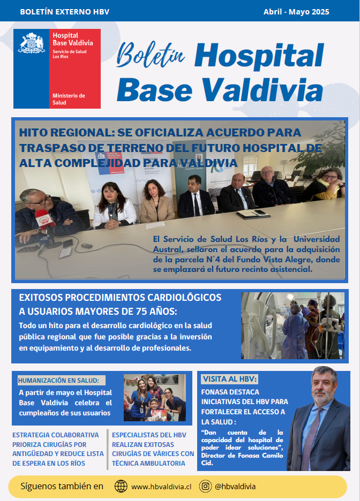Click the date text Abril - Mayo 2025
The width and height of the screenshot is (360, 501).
click(296, 12)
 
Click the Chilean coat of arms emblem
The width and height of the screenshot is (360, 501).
click(32, 43)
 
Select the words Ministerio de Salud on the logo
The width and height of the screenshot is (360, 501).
click(68, 99)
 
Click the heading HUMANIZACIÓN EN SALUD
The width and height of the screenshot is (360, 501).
click(58, 381)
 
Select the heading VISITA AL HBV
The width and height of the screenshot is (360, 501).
click(230, 379)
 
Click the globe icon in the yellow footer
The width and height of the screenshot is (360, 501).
click(121, 487)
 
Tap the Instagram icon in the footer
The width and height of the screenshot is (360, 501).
click(205, 487)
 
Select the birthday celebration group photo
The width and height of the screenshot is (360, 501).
click(155, 398)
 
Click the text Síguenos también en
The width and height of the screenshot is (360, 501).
click(62, 487)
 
